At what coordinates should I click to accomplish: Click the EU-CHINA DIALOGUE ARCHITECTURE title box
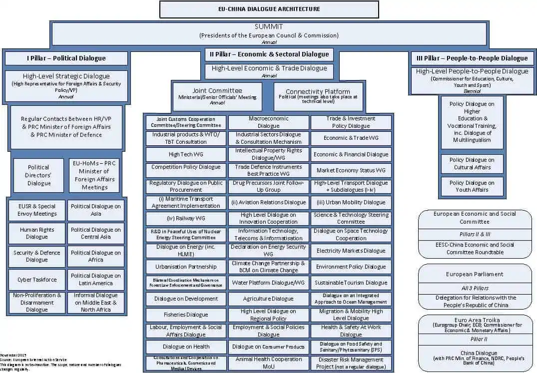click(269, 9)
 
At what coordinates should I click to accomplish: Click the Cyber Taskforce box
click(37, 280)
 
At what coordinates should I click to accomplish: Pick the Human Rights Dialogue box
click(37, 234)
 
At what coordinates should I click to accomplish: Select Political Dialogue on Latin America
click(96, 280)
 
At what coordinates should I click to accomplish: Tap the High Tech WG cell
click(186, 154)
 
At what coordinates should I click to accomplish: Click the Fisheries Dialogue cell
click(186, 315)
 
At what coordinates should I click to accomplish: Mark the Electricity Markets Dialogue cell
click(351, 251)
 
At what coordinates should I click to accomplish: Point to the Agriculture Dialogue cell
click(268, 299)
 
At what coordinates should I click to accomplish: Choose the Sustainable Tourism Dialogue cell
click(351, 283)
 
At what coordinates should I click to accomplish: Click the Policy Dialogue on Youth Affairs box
click(472, 186)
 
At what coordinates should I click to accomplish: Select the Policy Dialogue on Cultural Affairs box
click(472, 164)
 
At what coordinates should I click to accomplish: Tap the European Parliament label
click(475, 274)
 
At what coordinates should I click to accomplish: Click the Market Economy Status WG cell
click(351, 170)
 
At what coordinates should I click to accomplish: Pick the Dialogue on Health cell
click(186, 347)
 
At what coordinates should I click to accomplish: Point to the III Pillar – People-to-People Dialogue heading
click(472, 58)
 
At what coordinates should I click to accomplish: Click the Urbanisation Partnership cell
click(186, 267)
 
